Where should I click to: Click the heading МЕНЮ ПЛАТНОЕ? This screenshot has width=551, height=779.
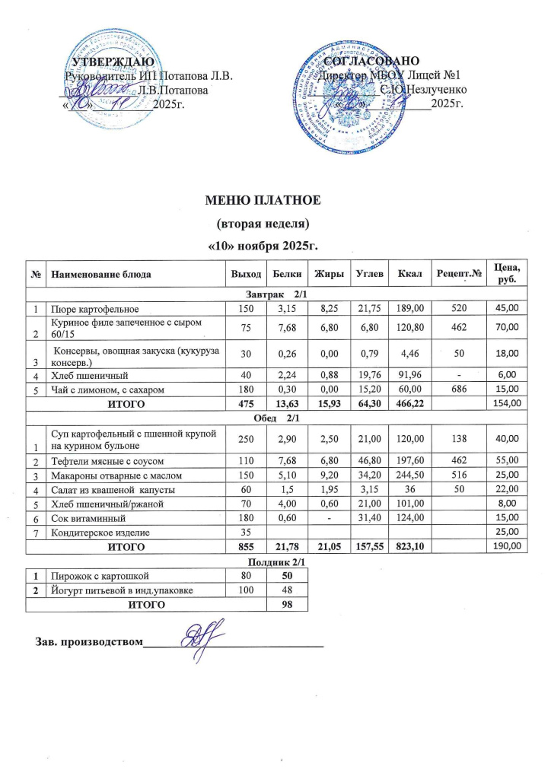tap(263, 201)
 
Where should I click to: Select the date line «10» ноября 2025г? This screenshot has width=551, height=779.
tap(263, 246)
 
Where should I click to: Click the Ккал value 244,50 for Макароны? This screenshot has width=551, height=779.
tap(400, 475)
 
